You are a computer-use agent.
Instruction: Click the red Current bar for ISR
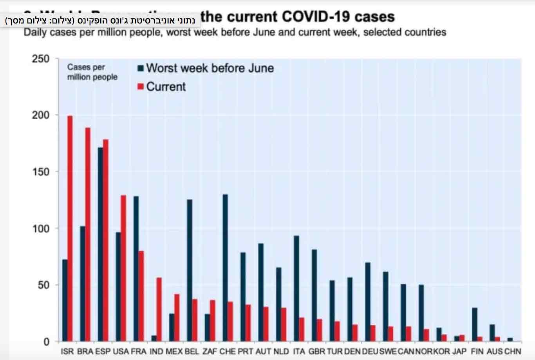[70, 229]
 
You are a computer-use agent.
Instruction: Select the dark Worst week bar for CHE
[225, 268]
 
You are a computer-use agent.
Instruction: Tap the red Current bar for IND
[159, 310]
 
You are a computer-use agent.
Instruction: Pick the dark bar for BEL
[190, 270]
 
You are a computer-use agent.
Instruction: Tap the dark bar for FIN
[475, 324]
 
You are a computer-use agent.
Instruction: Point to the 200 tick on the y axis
[41, 115]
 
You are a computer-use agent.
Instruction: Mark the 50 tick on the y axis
[43, 285]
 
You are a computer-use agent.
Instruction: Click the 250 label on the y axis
[41, 59]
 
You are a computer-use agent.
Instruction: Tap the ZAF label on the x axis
[210, 351]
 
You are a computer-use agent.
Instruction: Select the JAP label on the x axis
[459, 351]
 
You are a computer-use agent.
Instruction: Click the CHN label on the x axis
[513, 351]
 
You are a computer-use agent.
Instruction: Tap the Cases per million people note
[92, 72]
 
